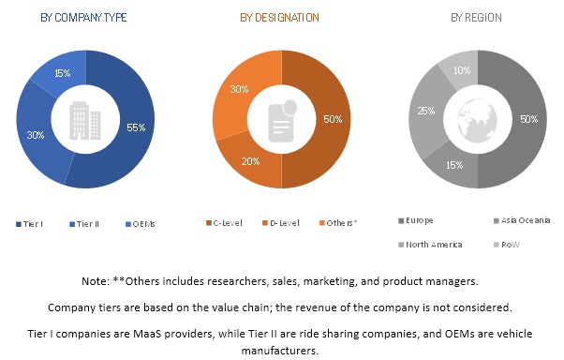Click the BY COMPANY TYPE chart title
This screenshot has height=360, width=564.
coord(84,18)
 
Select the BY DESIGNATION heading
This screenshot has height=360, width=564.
coord(279,18)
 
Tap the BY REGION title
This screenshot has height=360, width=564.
coord(476,18)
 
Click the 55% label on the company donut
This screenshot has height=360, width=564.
coord(135,127)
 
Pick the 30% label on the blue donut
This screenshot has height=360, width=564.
coord(36,134)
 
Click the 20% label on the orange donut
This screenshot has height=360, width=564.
coord(252,162)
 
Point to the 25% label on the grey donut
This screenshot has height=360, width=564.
coord(423,111)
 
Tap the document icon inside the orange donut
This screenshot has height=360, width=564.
coord(279,119)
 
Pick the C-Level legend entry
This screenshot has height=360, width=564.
coord(226,222)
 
